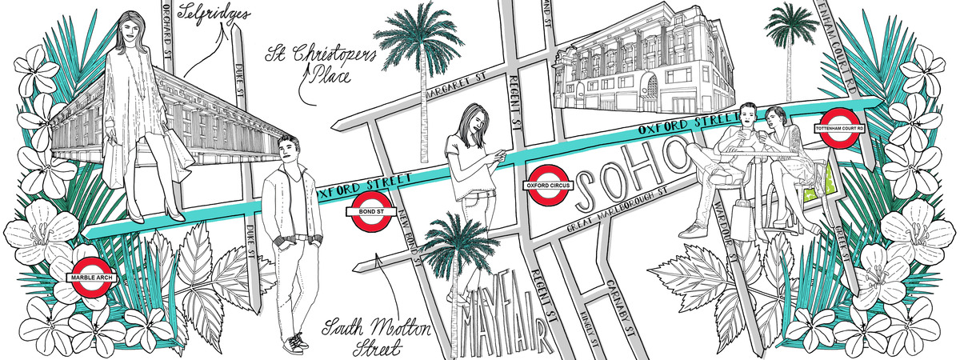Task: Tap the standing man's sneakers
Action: coord(295,342)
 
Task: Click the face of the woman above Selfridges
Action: coord(130,32)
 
